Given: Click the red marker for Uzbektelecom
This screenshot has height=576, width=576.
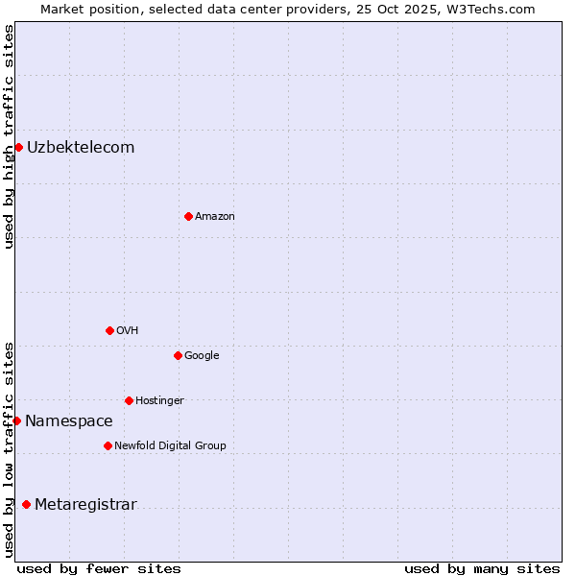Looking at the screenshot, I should click(x=18, y=147).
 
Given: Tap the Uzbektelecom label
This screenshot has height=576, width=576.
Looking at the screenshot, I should click(x=81, y=148).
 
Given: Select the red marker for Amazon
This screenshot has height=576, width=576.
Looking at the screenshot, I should click(x=188, y=216).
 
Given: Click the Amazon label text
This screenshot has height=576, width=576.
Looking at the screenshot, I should click(x=214, y=217).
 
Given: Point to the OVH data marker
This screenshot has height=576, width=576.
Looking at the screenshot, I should click(x=109, y=330).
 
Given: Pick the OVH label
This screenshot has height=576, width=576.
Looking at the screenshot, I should click(x=127, y=331).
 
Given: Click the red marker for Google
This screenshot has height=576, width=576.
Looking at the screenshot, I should click(x=178, y=355).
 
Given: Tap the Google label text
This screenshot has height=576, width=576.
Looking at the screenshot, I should click(x=202, y=356).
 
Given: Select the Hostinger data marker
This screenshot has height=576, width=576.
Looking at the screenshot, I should click(x=129, y=400).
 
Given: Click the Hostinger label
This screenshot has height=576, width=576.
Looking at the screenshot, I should click(x=159, y=401).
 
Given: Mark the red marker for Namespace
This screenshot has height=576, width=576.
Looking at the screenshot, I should click(x=16, y=420).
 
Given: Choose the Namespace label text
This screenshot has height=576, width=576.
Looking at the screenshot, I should click(x=68, y=421).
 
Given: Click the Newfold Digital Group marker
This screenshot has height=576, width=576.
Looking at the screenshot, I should click(x=108, y=445).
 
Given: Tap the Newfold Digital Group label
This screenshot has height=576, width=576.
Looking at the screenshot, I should click(x=170, y=446).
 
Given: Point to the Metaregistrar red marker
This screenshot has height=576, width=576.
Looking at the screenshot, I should click(x=26, y=504).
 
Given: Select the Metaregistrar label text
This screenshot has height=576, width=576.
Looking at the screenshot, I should click(x=85, y=505).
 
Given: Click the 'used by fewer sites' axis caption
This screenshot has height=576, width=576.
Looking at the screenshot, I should click(x=99, y=568).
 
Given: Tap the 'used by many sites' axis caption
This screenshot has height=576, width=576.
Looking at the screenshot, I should click(x=482, y=568).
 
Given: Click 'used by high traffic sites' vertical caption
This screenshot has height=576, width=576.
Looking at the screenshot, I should click(x=9, y=136).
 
